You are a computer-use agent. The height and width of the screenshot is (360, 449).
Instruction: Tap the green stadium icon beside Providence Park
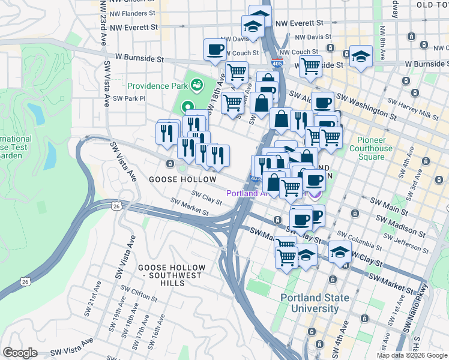coord(196,83)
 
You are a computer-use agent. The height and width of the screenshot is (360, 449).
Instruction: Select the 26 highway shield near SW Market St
coord(115,206)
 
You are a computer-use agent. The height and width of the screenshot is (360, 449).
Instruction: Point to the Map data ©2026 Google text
coord(411,355)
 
